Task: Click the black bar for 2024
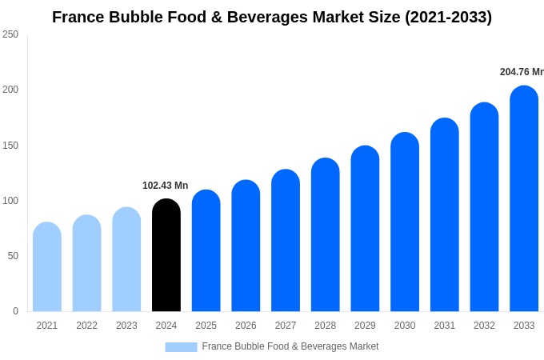coord(166,256)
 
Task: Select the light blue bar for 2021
coord(47,267)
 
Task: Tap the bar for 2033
coord(524,199)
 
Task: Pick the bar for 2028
coord(326,235)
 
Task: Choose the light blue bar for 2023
coord(126,260)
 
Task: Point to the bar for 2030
coord(405,222)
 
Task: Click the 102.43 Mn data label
coord(165,186)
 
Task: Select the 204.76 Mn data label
coord(522,72)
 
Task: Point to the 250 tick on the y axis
coord(10,34)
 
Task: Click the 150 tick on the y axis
coord(10,146)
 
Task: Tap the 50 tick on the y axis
coord(13,256)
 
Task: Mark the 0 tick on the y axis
coord(15,311)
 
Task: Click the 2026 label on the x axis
coord(246,326)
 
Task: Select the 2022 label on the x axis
coord(86,326)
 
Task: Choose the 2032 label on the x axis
coord(484,326)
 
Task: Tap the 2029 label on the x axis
coord(365,326)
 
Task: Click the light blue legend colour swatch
coord(181,347)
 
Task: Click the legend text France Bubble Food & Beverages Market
coord(290,346)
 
